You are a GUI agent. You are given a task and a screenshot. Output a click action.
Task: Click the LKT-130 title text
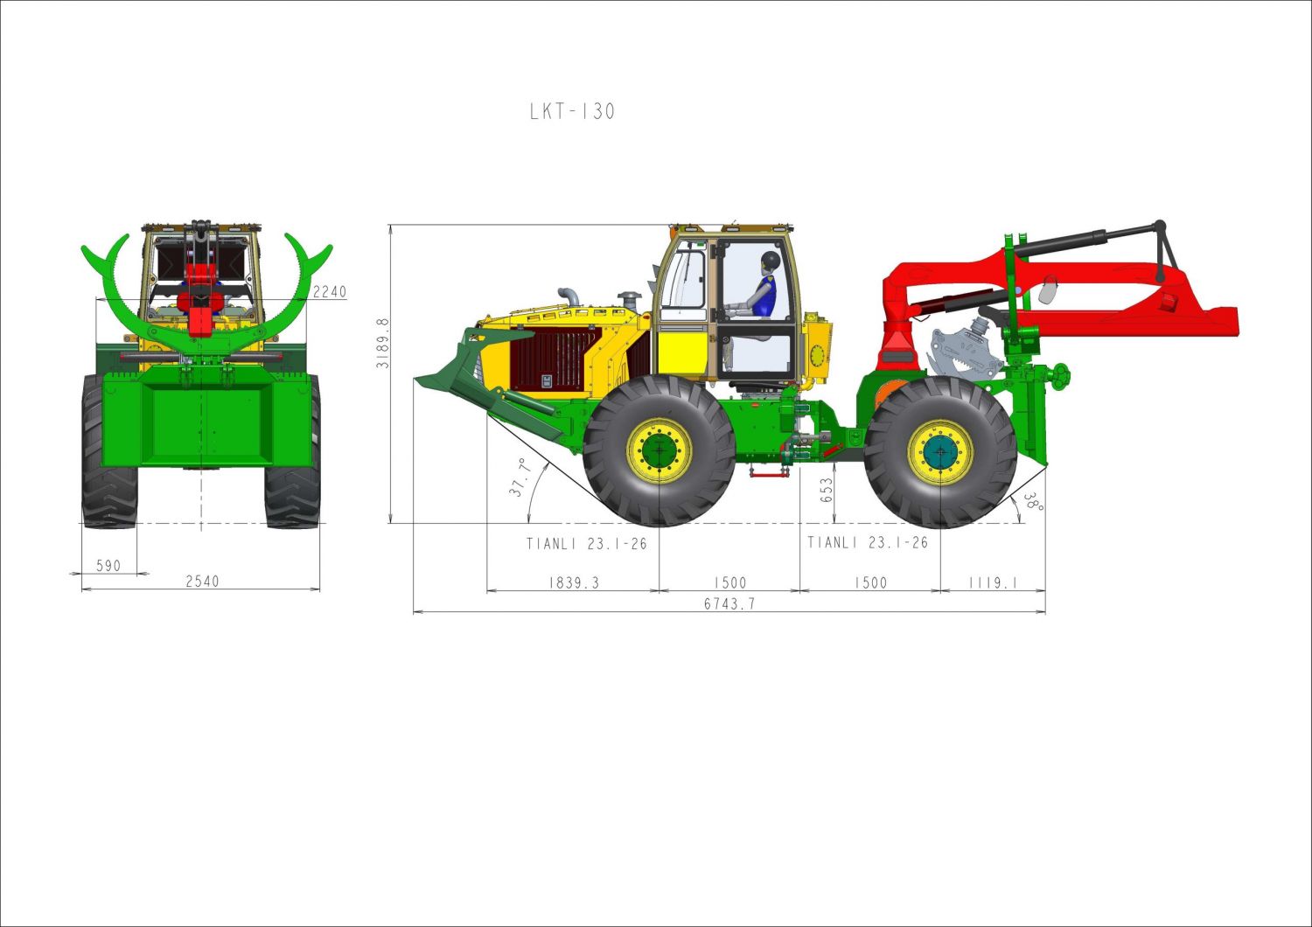pyautogui.click(x=572, y=111)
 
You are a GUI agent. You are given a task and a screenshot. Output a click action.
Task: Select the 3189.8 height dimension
pyautogui.click(x=382, y=343)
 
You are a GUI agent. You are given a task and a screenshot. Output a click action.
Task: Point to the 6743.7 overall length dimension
pyautogui.click(x=729, y=603)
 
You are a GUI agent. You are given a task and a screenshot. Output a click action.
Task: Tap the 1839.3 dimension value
pyautogui.click(x=574, y=582)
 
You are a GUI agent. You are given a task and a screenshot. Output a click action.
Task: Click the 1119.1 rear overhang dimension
pyautogui.click(x=993, y=582)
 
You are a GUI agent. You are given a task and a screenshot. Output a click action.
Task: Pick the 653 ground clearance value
pyautogui.click(x=827, y=490)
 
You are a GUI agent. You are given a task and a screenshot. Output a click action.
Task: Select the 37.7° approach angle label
pyautogui.click(x=520, y=477)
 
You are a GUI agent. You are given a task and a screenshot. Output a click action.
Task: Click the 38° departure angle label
pyautogui.click(x=1033, y=501)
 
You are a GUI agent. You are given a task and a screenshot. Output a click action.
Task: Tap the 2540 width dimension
pyautogui.click(x=202, y=581)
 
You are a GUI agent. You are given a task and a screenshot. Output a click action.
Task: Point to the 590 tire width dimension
pyautogui.click(x=108, y=566)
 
